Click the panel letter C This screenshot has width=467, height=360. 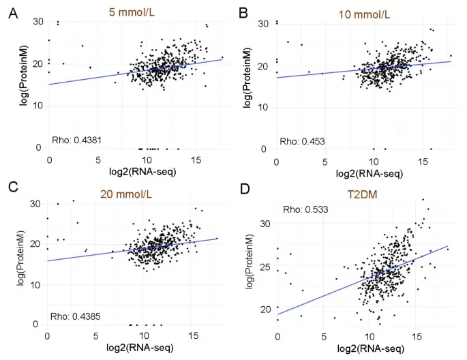coord(12,185)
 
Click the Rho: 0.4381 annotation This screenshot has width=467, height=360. coord(76,142)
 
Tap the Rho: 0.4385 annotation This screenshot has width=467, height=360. coord(76,316)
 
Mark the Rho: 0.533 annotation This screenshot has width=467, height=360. coord(305,209)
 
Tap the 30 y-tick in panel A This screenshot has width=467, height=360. coord(37,22)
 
